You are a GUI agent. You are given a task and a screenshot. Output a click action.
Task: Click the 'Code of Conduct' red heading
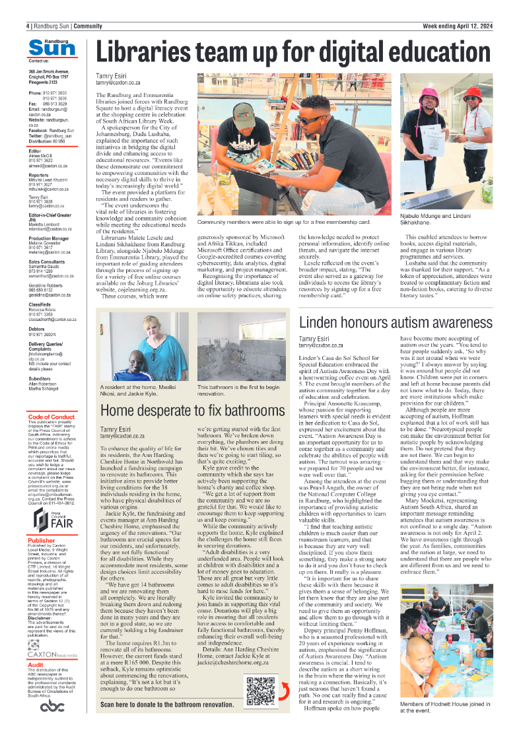[52, 417]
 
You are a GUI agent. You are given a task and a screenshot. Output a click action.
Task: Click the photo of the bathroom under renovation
[241, 347]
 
